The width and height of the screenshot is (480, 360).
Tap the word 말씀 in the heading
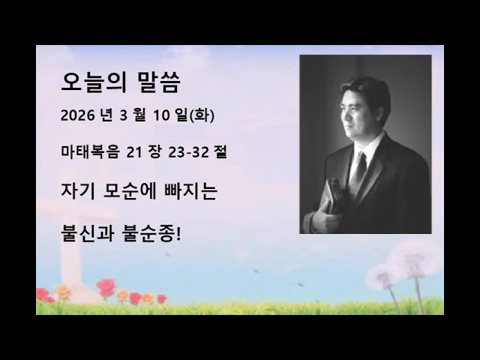point(158,82)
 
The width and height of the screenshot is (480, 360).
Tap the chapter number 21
point(135,152)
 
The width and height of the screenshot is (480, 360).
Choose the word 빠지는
point(193,191)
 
